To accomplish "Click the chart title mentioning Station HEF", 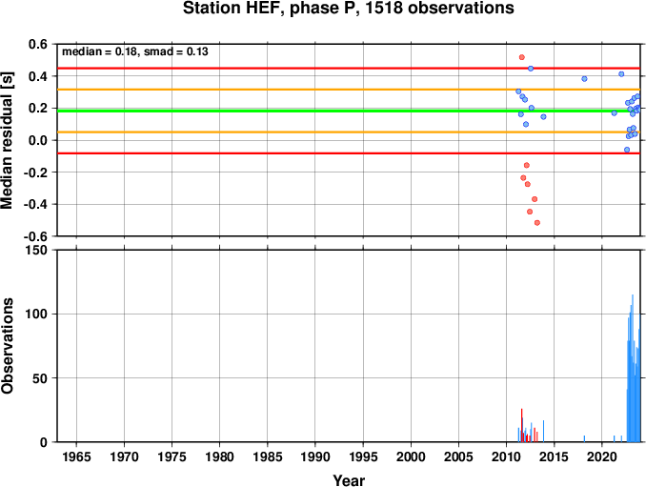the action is click(348, 9).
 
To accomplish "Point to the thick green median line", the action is click(349, 111).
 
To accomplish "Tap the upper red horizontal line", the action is click(349, 68).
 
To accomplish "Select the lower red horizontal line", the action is click(349, 153).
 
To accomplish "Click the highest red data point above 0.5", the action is click(521, 57).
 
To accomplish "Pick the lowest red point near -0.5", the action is click(536, 223).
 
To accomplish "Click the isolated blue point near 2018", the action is click(584, 79).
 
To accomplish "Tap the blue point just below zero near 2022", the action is click(627, 150).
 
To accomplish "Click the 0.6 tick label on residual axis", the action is click(38, 44).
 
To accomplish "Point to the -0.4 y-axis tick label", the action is click(35, 204).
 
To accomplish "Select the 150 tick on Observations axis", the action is click(36, 251).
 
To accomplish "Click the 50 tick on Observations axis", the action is click(40, 378).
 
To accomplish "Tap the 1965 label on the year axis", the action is click(76, 457).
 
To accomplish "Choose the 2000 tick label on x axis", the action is click(411, 457).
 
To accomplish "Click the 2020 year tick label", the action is click(602, 457).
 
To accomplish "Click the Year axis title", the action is click(349, 480).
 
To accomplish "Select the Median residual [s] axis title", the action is click(8, 140).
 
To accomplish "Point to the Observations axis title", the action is click(8, 346).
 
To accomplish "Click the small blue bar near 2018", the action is click(584, 438).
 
